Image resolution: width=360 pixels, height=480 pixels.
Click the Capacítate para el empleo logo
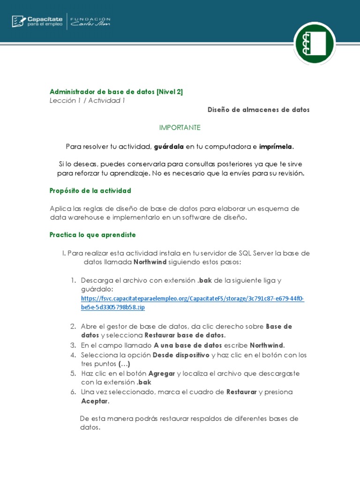point(37,21)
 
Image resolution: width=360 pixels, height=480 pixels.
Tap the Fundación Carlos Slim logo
point(90,21)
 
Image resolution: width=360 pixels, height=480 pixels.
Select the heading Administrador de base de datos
point(116,92)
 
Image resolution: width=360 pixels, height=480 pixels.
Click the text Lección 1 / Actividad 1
point(87,100)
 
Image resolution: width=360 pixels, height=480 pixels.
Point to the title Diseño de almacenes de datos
point(259,110)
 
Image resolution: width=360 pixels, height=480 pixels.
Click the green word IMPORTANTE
point(180,127)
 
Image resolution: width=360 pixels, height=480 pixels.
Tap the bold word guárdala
point(169,147)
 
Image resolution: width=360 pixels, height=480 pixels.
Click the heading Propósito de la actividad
point(90,191)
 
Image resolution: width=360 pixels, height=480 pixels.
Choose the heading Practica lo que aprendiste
point(93,234)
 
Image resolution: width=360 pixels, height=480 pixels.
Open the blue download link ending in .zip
point(192,302)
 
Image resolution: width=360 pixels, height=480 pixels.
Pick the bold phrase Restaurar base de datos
point(185,335)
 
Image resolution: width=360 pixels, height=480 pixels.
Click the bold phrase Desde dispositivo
point(181,355)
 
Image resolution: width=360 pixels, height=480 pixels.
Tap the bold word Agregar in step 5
point(162,373)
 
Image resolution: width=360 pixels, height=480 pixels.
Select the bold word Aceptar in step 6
point(95,401)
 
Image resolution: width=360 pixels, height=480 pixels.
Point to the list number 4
point(73,355)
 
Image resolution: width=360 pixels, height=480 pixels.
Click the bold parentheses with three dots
point(124,364)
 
